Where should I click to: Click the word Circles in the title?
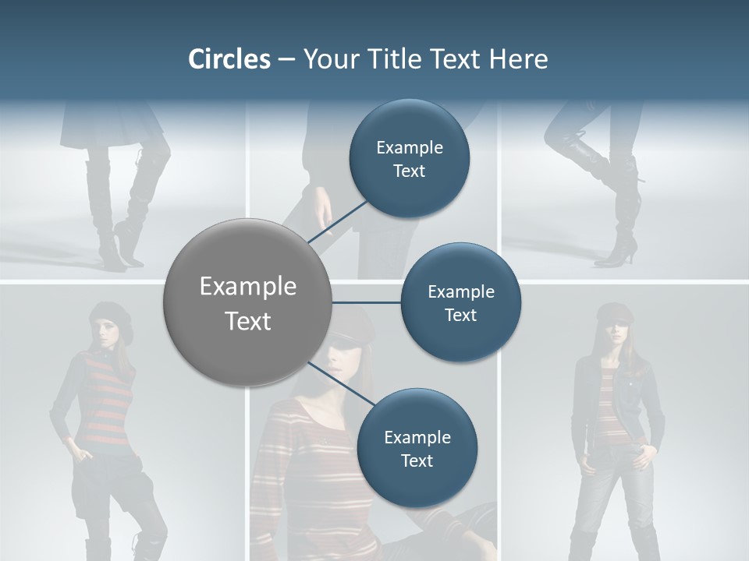pos(229,59)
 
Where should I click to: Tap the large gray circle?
pos(247,302)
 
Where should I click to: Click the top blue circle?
pos(410,159)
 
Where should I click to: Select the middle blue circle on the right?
pos(460,303)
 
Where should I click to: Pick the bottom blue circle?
pos(417,448)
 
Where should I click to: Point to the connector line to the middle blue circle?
pos(367,302)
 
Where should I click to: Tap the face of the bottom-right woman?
pos(613,332)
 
